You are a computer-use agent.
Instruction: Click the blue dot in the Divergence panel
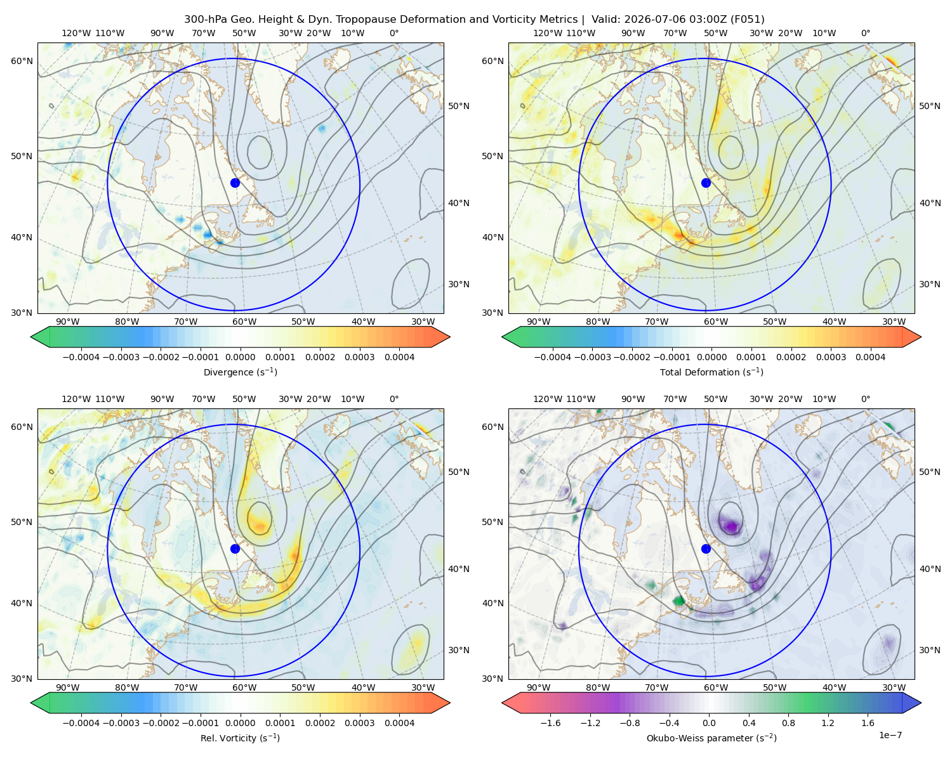(x=235, y=183)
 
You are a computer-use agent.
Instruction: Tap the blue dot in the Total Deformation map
(x=706, y=183)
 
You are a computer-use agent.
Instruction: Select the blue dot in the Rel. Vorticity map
(x=235, y=549)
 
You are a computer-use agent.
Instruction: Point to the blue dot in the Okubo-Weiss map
(x=706, y=549)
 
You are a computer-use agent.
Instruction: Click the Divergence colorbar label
(x=240, y=372)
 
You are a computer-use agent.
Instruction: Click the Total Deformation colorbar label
(x=711, y=372)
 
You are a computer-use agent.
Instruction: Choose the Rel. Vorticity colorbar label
(x=240, y=738)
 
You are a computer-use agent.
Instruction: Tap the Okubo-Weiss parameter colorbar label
(x=711, y=738)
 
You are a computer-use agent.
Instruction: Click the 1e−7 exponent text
(x=890, y=735)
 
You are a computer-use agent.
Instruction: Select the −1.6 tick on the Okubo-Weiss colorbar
(x=551, y=722)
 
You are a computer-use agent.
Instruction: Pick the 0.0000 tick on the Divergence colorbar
(x=240, y=357)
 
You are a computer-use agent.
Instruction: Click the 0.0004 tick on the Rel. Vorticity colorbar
(x=399, y=722)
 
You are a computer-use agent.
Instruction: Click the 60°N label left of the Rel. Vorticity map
(x=22, y=427)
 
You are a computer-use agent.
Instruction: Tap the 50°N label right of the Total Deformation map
(x=929, y=106)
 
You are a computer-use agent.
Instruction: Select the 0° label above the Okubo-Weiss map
(x=865, y=398)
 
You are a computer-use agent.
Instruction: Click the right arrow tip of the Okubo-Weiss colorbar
(x=921, y=703)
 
